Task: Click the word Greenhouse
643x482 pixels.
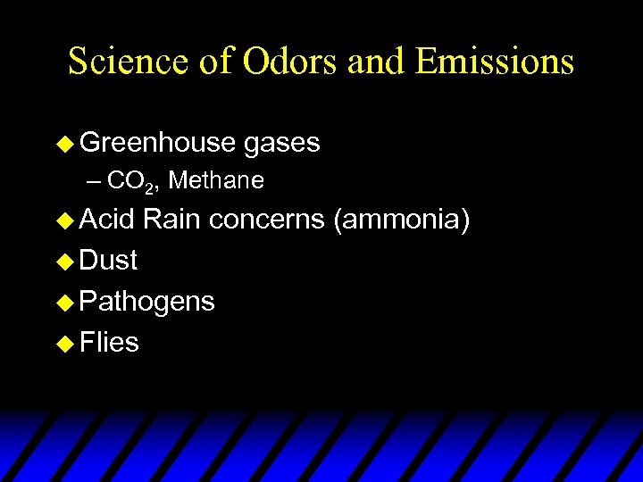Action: pos(157,143)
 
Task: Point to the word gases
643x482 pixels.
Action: pos(281,143)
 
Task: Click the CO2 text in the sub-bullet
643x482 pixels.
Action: pos(132,182)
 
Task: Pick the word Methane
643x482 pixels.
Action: pos(216,181)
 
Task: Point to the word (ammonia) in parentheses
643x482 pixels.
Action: pos(401,220)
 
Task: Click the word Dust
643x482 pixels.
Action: pos(108,261)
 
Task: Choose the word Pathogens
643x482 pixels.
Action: pos(146,302)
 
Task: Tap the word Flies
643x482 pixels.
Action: pos(109,342)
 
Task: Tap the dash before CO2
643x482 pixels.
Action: pos(96,182)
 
